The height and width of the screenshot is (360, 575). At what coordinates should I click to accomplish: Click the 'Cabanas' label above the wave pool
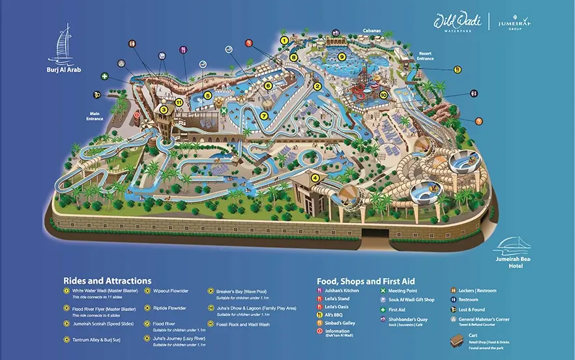click(372, 30)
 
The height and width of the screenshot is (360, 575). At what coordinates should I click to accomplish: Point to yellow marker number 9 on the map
click(341, 57)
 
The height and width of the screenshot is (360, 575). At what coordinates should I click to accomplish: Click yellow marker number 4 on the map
click(316, 177)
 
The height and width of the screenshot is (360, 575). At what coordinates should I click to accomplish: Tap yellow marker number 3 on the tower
click(164, 110)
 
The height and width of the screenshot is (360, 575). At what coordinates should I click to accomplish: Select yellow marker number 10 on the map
click(383, 95)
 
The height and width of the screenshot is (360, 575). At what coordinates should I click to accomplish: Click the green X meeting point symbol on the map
click(224, 112)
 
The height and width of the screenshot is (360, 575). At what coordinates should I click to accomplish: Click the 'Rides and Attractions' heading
click(107, 280)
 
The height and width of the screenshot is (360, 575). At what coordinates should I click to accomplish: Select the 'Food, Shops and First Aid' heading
click(366, 281)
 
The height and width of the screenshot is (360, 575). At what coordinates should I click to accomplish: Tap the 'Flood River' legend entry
click(164, 323)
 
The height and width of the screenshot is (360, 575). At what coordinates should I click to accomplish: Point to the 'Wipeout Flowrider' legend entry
click(170, 291)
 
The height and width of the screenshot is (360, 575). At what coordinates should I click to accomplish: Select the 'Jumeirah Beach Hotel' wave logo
click(514, 247)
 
